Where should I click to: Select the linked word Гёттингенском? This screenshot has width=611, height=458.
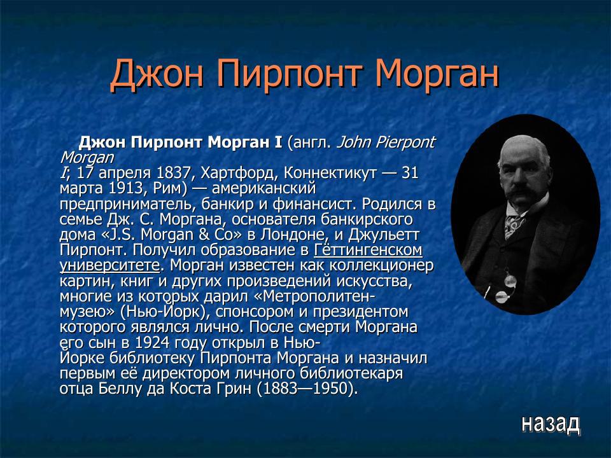368,249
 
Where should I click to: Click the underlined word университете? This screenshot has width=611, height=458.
109,265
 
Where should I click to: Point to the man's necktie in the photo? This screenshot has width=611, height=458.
513,223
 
